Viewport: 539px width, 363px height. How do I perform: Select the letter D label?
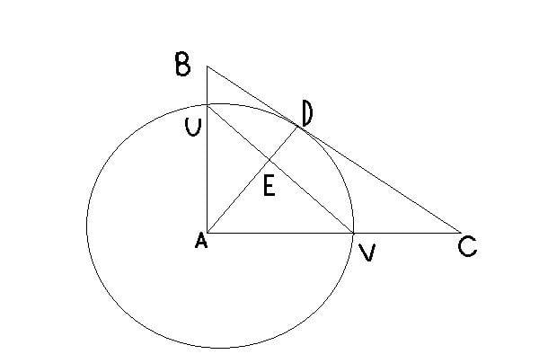tap(308, 114)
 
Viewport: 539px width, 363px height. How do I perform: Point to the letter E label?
tap(268, 186)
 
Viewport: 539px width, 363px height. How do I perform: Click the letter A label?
tap(200, 242)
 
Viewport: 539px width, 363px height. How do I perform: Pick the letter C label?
tap(467, 245)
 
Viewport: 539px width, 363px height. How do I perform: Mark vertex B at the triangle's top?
tap(208, 66)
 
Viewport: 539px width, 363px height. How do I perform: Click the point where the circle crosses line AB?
tap(208, 104)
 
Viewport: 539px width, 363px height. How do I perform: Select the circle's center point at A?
tap(208, 233)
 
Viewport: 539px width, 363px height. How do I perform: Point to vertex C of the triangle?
tap(459, 233)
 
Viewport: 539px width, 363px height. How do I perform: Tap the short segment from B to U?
tap(208, 85)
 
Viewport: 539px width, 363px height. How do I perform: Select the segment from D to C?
tap(377, 179)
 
